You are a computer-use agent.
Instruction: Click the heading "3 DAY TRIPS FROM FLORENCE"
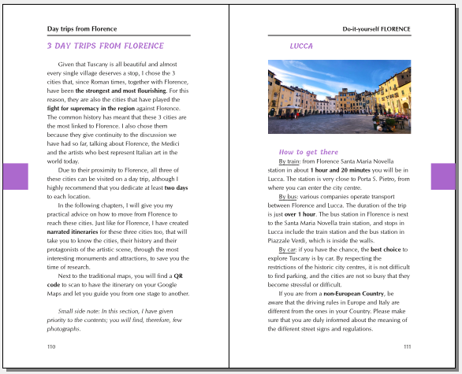[105, 46]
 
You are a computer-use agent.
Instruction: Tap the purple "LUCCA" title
[301, 46]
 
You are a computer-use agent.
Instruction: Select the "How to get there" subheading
[308, 152]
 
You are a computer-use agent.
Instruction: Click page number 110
[51, 346]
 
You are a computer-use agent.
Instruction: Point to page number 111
[407, 346]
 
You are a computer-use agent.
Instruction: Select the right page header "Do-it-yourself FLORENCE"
[377, 29]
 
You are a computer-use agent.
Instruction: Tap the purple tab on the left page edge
[16, 176]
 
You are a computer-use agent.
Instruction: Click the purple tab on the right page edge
[445, 175]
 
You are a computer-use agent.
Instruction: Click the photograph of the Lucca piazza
[339, 96]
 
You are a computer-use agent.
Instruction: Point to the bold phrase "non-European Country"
[352, 294]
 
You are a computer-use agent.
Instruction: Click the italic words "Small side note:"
[82, 312]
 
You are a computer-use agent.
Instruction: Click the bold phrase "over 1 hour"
[301, 213]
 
